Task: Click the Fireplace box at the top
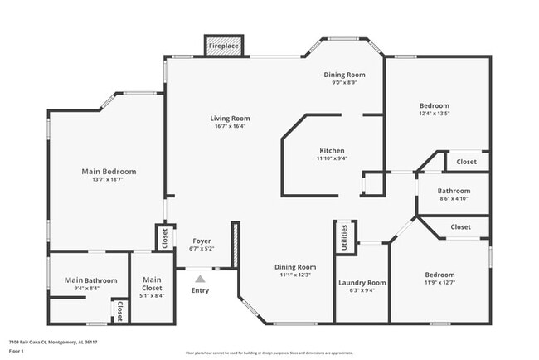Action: coord(224,46)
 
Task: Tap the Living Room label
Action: coord(230,119)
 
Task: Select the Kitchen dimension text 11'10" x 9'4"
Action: coord(332,158)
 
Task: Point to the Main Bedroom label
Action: coord(109,172)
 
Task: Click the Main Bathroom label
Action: coord(90,280)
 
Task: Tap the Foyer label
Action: coord(202,241)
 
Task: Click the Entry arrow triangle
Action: coord(201,278)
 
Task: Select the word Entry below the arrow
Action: coord(201,290)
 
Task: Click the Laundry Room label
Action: coord(362,283)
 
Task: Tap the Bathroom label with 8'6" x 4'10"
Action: coord(454,191)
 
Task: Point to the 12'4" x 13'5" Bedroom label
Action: coord(434,105)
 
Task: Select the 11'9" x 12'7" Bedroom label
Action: coord(439,275)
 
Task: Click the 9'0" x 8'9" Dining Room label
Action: coord(344,75)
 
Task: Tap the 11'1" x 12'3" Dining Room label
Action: coord(296,267)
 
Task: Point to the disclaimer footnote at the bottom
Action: coord(269,353)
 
